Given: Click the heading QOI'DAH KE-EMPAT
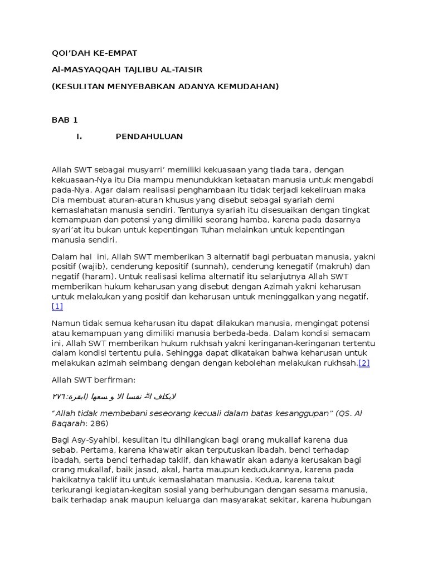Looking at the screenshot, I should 94,53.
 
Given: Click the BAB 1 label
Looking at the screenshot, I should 65,120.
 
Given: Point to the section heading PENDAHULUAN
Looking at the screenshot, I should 149,137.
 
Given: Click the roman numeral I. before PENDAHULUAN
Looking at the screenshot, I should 79,137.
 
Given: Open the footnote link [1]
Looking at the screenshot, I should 57,306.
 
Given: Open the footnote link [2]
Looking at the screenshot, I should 364,363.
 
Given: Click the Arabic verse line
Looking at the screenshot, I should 114,396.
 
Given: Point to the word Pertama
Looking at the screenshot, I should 96,449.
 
